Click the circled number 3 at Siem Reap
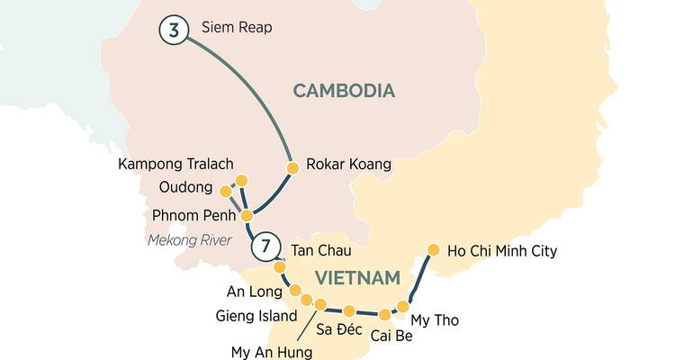tap(174, 30)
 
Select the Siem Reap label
tap(236, 28)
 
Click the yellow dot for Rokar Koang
tap(292, 167)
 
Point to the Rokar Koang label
tap(348, 165)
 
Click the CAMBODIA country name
tap(344, 90)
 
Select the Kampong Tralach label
tap(175, 164)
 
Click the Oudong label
tap(185, 189)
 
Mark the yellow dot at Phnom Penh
tap(246, 215)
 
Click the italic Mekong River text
tap(190, 239)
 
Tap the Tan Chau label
tap(320, 249)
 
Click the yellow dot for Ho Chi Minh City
tap(433, 249)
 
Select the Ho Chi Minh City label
tap(501, 250)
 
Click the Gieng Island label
tap(256, 316)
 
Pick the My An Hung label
tap(272, 352)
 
